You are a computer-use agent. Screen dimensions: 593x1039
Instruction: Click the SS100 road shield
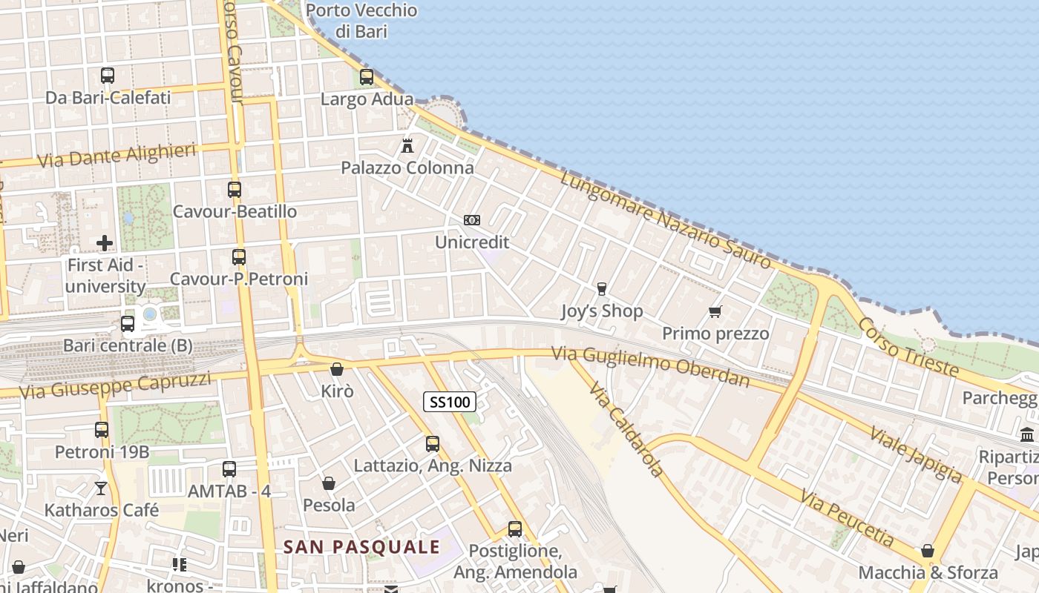point(449,402)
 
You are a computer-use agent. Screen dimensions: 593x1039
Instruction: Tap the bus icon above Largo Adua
point(366,76)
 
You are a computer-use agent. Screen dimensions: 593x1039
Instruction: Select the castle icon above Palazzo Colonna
point(407,145)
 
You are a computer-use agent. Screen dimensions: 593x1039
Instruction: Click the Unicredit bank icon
point(472,219)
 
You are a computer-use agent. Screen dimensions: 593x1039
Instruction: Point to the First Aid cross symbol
point(105,242)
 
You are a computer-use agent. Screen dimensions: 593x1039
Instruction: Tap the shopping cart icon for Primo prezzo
point(715,311)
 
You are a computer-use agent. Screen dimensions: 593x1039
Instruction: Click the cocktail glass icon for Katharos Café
point(101,488)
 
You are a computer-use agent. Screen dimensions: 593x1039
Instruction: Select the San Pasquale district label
point(362,547)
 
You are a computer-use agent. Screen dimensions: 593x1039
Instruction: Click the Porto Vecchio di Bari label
point(361,21)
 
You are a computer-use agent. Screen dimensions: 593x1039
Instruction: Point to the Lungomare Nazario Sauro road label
point(666,220)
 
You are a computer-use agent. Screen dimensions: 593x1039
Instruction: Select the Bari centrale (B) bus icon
point(128,323)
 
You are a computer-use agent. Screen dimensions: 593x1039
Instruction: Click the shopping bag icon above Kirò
point(337,368)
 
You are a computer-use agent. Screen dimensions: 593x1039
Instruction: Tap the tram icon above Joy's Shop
point(601,288)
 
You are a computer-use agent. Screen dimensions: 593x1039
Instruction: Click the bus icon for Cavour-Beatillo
point(235,189)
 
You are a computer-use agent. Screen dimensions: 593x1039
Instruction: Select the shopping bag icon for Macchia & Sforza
point(928,550)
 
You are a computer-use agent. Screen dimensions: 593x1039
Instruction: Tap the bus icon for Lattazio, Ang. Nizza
point(433,443)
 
